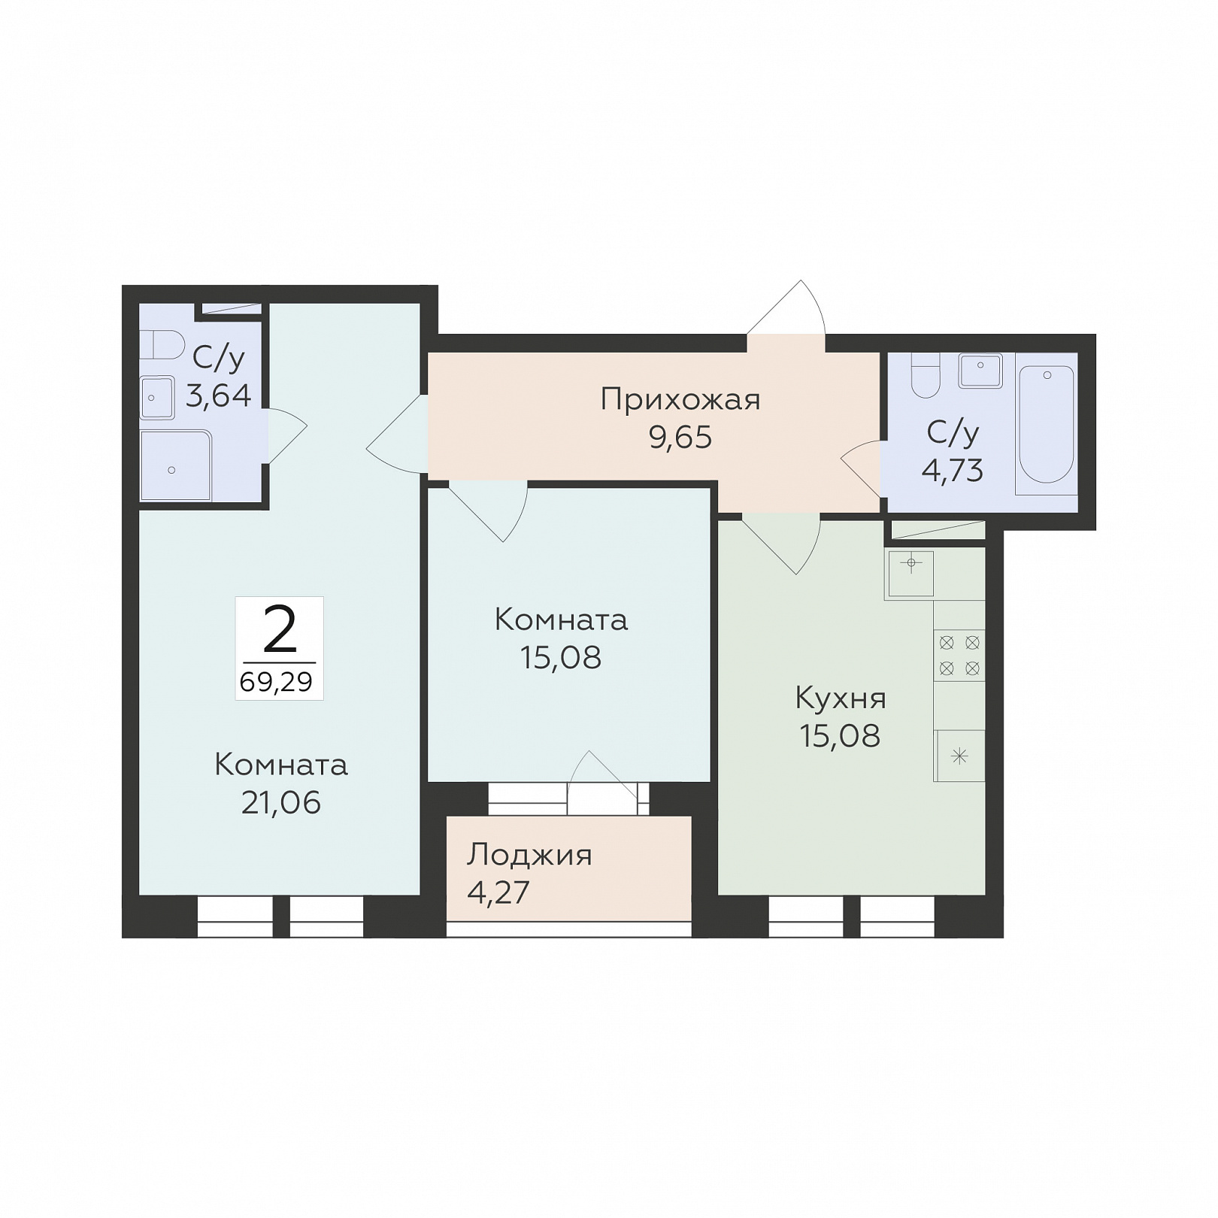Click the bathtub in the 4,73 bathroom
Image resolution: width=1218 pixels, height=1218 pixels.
tap(1046, 424)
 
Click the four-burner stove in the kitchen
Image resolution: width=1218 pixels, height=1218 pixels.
tap(959, 655)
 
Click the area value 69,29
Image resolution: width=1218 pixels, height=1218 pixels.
tap(277, 682)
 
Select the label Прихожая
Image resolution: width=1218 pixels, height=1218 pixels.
tap(680, 400)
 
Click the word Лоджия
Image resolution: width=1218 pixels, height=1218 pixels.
tap(529, 856)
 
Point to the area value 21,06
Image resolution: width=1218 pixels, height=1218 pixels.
tap(281, 803)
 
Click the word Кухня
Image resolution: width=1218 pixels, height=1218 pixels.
tap(841, 699)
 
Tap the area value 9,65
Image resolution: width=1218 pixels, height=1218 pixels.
tap(680, 437)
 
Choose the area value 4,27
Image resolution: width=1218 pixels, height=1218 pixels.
tap(498, 892)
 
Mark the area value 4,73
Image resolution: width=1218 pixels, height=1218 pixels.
tap(952, 471)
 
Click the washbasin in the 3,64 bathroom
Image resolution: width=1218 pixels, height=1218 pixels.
tap(158, 397)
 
